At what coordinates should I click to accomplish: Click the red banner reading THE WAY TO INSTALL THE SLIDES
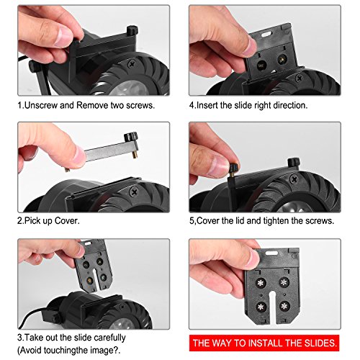[x=264, y=343]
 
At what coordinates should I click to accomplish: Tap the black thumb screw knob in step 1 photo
[x=132, y=31]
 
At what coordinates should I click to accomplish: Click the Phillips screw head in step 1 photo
[x=132, y=64]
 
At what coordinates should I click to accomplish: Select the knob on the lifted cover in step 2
[x=131, y=137]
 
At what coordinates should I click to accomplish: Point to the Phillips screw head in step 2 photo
[x=134, y=192]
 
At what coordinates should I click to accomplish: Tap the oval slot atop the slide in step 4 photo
[x=266, y=35]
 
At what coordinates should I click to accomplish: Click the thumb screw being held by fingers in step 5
[x=233, y=167]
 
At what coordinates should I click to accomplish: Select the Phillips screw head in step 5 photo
[x=294, y=179]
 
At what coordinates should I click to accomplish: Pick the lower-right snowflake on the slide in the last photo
[x=284, y=306]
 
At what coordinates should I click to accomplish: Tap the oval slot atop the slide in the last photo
[x=271, y=253]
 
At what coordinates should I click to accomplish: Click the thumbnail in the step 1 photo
[x=63, y=37]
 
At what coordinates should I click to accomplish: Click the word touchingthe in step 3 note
[x=57, y=351]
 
